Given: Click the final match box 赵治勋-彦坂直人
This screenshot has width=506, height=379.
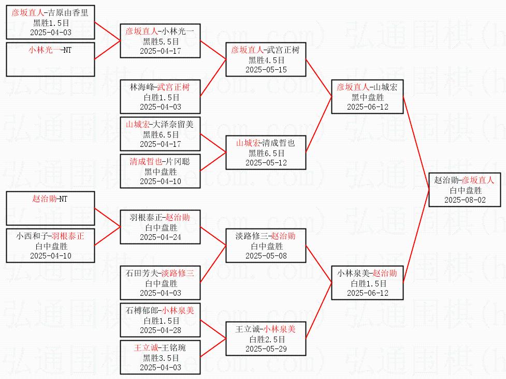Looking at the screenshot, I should [465, 190].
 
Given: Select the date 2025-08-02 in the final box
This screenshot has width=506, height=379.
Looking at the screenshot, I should [465, 200].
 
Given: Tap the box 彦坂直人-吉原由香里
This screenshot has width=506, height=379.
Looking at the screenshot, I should [50, 22].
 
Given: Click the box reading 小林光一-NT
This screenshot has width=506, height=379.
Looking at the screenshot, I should [50, 59].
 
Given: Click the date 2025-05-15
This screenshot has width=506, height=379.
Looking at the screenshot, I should [266, 69].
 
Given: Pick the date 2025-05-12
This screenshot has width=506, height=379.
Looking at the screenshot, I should [266, 162].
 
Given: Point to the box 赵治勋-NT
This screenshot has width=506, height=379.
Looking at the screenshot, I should [50, 208].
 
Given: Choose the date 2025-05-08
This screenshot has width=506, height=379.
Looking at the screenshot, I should [266, 255].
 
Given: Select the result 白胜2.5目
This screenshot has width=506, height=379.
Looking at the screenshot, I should [266, 339].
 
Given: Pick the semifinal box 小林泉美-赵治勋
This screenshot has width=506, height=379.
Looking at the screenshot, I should [367, 283].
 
